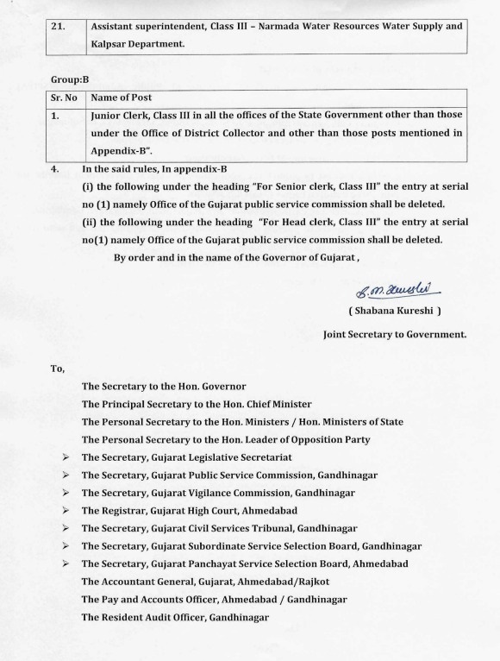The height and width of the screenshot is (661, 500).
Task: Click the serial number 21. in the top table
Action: point(59,26)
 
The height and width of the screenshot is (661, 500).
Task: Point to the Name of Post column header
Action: point(128,98)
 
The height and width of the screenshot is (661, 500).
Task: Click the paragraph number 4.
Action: point(56,171)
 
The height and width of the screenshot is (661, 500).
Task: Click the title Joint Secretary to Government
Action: point(394,333)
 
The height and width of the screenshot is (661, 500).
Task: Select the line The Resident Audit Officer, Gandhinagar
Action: point(175,617)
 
